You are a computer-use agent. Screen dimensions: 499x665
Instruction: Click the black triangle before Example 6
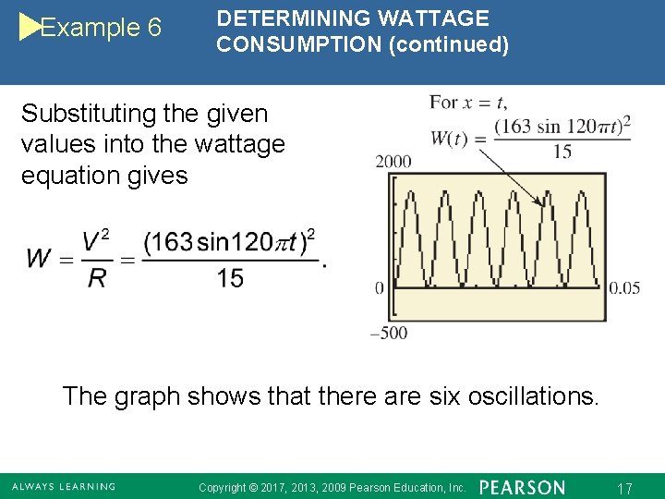[x=30, y=28]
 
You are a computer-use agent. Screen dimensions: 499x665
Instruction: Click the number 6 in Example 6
[x=153, y=29]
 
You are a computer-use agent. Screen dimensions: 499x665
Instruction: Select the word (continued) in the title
[x=448, y=44]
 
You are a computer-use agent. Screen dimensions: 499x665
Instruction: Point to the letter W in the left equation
[x=39, y=258]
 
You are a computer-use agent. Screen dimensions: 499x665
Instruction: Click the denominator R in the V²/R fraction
[x=96, y=278]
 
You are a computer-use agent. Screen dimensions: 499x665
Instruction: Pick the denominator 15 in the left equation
[x=231, y=278]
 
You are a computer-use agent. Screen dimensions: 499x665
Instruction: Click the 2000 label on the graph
[x=393, y=163]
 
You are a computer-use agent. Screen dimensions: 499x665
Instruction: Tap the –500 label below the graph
[x=389, y=334]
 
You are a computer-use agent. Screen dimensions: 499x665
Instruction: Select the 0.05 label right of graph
[x=624, y=288]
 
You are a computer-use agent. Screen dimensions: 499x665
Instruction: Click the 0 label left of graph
[x=379, y=288]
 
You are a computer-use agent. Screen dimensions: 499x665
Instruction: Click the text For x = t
[x=468, y=103]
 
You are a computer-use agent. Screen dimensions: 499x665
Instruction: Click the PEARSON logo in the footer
[x=523, y=486]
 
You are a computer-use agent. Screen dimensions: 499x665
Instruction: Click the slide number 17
[x=623, y=487]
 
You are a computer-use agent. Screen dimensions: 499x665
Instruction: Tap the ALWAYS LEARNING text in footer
[x=64, y=486]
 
